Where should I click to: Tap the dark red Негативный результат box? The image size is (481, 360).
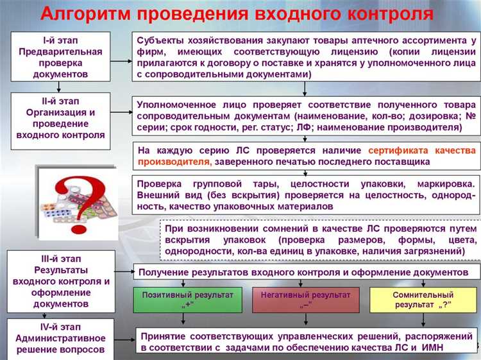(x=306, y=300)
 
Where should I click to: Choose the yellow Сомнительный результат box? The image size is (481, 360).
(x=423, y=300)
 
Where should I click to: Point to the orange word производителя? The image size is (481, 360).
(x=174, y=161)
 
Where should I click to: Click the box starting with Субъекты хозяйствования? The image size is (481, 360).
(x=307, y=58)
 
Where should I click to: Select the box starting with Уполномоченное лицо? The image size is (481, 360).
(x=307, y=116)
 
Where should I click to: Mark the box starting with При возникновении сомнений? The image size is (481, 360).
(x=320, y=240)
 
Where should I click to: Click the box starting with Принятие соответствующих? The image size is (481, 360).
(x=307, y=342)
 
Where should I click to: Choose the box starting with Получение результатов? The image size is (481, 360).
(x=307, y=273)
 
